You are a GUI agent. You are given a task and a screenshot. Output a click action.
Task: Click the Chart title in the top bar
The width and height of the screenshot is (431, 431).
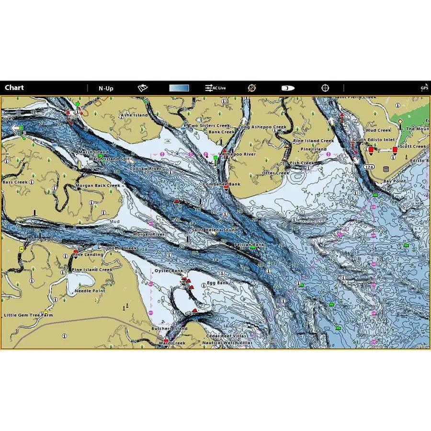tap(14, 88)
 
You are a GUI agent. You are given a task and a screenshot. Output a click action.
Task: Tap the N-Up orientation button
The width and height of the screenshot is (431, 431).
tap(106, 88)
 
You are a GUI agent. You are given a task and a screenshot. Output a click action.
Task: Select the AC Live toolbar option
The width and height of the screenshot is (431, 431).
tap(215, 88)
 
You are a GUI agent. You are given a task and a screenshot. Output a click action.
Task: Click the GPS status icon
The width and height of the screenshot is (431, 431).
tap(424, 87)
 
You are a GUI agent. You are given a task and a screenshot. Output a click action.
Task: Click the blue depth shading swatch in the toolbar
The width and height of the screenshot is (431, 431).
tap(179, 88)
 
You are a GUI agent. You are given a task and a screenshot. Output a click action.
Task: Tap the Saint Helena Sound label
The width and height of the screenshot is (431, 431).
tap(215, 230)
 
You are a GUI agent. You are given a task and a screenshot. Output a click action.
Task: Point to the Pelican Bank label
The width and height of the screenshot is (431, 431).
tap(249, 245)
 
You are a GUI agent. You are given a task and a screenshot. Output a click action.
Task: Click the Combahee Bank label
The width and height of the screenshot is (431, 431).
tap(221, 184)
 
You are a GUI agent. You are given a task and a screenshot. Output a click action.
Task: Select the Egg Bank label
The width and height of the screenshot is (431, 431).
tap(218, 283)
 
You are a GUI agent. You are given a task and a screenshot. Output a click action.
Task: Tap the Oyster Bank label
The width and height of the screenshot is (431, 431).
tap(169, 271)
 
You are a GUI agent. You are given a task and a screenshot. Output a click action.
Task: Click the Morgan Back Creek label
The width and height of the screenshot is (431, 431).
tap(98, 185)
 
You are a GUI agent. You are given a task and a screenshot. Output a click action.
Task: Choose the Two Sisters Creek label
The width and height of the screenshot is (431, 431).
tap(209, 126)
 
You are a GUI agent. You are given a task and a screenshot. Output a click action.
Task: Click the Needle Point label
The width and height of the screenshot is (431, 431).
tap(90, 291)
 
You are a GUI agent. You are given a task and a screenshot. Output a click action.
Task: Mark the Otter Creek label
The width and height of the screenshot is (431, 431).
tap(275, 173)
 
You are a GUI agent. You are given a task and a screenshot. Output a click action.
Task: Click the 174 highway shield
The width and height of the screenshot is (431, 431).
tap(369, 167)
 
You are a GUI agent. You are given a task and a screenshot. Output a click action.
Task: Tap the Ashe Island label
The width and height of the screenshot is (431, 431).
tap(134, 115)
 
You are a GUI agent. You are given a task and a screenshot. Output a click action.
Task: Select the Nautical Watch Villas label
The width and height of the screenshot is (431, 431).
tap(227, 343)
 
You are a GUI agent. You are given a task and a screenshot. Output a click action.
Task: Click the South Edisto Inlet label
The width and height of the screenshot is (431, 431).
tap(374, 140)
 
